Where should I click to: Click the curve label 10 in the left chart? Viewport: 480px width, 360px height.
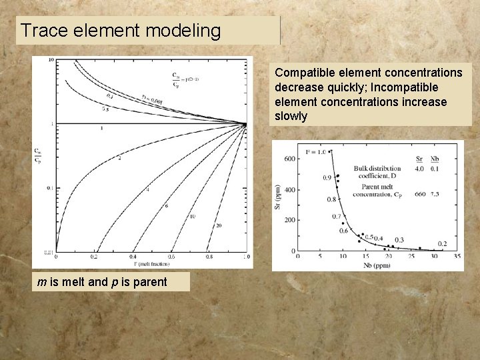click(x=192, y=216)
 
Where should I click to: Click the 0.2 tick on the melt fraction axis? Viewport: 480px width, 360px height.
click(x=95, y=257)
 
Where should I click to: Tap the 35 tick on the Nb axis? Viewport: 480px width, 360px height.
click(x=457, y=256)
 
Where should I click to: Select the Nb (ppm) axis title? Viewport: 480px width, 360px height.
click(x=377, y=264)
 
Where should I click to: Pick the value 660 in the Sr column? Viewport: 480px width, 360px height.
click(x=419, y=194)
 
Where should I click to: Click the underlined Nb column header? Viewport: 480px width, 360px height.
click(x=435, y=159)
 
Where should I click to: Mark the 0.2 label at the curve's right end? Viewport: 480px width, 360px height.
click(x=441, y=244)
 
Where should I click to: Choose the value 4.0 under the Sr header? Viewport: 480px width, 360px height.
click(x=419, y=169)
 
